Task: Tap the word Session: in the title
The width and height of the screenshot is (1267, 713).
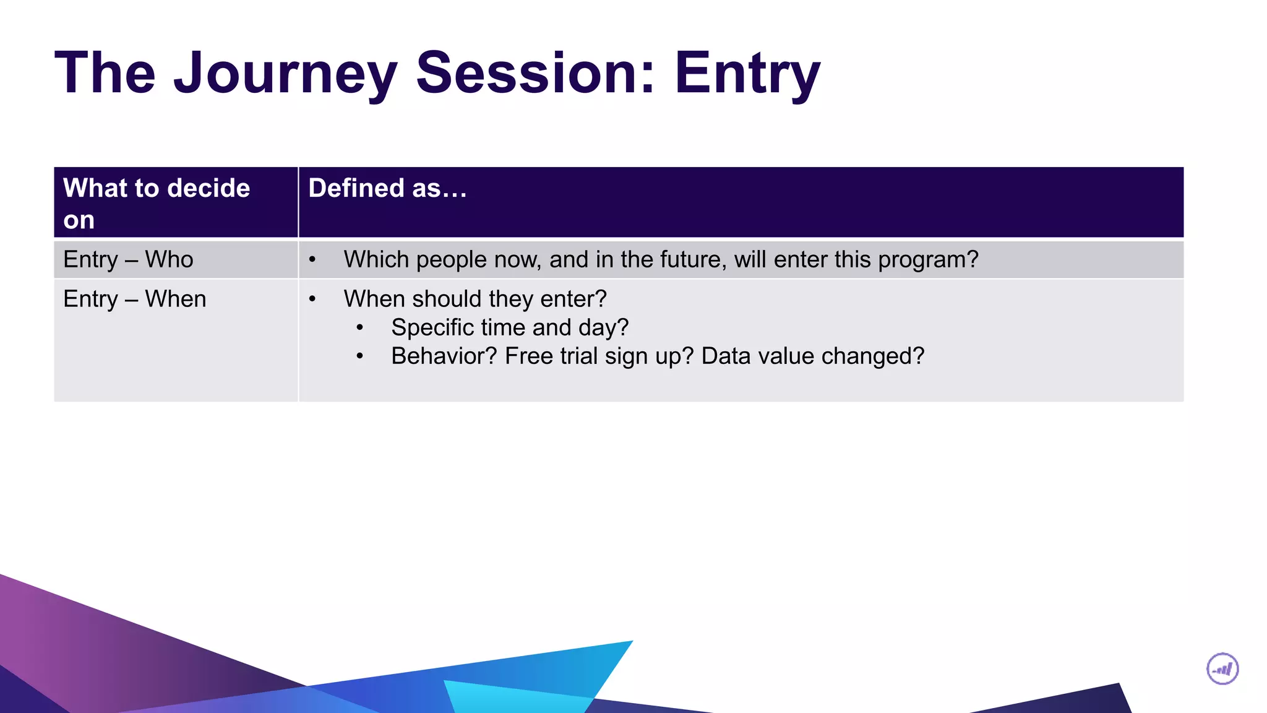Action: tap(535, 73)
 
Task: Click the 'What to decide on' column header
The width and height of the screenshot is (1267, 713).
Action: tap(157, 203)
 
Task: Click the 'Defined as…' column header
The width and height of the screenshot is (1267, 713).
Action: tap(387, 188)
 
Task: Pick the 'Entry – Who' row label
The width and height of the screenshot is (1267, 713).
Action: tap(128, 259)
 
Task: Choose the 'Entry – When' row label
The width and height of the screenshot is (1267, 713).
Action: tap(134, 299)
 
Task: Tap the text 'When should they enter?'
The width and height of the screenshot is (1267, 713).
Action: tap(475, 299)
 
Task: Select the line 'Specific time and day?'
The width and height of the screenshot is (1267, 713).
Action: tap(510, 327)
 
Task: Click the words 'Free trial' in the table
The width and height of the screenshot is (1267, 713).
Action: tap(551, 356)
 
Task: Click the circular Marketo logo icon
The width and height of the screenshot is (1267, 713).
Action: tap(1222, 669)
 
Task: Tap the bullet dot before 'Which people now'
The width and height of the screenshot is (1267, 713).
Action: tap(312, 260)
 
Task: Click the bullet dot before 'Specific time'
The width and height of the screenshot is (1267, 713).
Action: tap(359, 328)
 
